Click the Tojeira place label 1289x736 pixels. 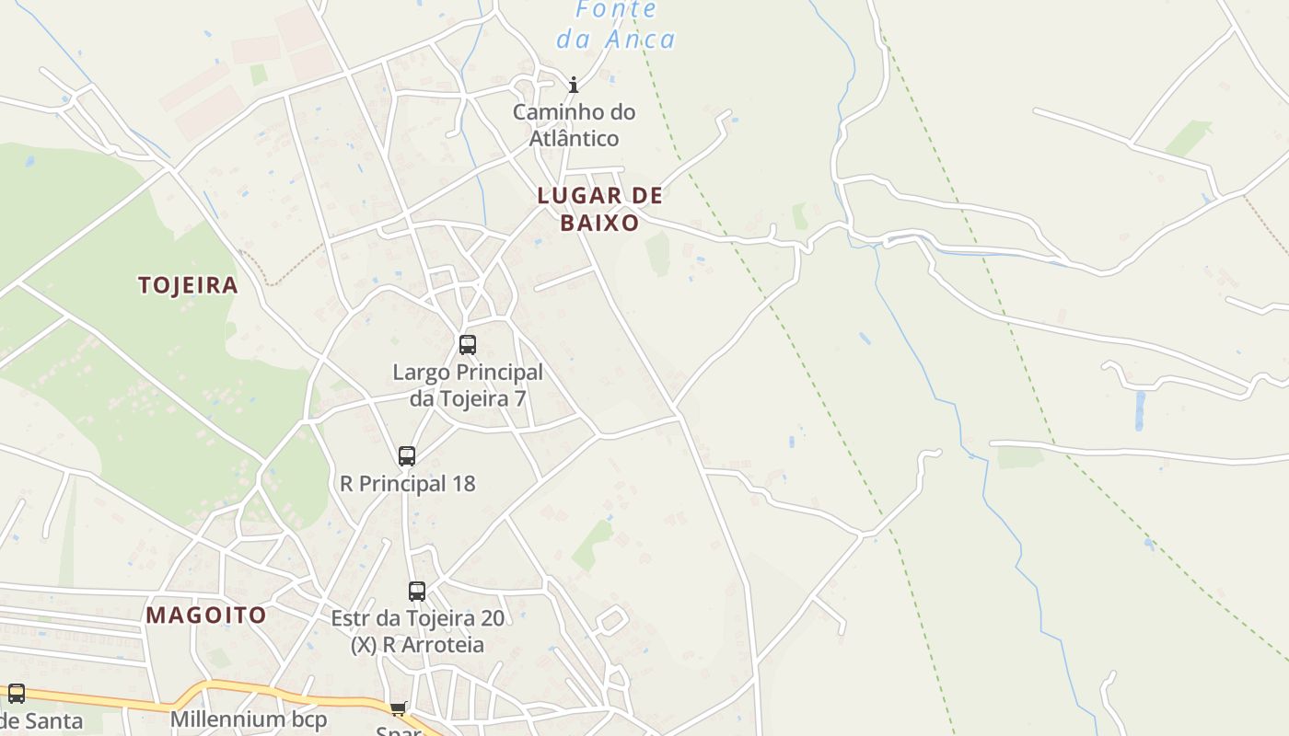(x=188, y=285)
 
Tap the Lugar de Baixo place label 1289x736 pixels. (x=599, y=209)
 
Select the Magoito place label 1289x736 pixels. (x=206, y=615)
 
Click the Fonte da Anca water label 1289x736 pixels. (x=616, y=25)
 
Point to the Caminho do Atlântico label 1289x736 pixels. (x=574, y=125)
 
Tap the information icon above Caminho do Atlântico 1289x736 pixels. (x=574, y=86)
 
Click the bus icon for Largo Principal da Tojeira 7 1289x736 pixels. (x=468, y=345)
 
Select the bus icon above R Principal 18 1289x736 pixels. (x=407, y=455)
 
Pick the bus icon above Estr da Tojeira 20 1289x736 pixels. (x=417, y=592)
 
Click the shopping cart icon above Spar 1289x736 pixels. (x=398, y=707)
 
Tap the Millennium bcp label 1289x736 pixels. (x=249, y=719)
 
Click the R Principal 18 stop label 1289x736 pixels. (x=408, y=483)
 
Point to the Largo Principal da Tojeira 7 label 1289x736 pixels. (x=468, y=385)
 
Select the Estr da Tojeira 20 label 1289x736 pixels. (x=417, y=617)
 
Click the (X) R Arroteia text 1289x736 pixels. (x=417, y=644)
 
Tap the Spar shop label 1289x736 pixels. (x=398, y=730)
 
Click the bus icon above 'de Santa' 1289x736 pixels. (x=17, y=694)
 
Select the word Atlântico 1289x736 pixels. (x=574, y=138)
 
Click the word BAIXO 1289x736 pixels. (x=599, y=223)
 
